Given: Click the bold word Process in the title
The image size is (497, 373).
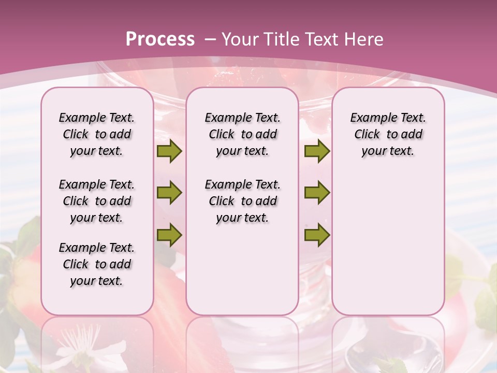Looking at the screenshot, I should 160,39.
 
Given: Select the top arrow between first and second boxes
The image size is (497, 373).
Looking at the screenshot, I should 169,151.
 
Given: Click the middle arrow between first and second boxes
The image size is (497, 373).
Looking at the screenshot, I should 169,193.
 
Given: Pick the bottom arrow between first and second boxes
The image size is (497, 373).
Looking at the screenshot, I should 169,235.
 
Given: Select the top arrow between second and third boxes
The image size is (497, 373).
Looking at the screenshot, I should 317,151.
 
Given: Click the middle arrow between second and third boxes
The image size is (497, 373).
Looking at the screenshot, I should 317,193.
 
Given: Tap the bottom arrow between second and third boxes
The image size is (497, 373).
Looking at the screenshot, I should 317,235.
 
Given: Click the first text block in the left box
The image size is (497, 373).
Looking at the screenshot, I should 97,134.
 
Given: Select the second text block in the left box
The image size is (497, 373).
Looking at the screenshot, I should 97,201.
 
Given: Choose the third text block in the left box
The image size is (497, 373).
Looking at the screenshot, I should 97,264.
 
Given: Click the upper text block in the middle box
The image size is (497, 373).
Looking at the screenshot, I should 242,134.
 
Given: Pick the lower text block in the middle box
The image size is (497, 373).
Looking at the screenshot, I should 242,201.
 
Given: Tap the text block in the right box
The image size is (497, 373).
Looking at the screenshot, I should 388,134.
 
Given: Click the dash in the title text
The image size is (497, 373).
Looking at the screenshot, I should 210,39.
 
